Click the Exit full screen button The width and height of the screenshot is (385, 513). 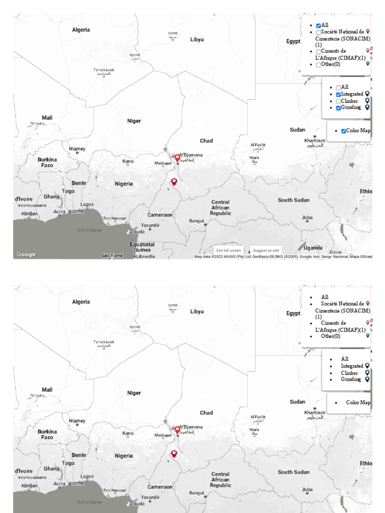point(229,250)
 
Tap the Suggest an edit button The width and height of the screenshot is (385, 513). point(266,250)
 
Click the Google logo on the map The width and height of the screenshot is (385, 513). point(26,254)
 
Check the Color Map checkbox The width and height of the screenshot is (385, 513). point(343,131)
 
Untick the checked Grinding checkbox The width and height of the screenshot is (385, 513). point(338,108)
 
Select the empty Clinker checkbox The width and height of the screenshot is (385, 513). point(338,101)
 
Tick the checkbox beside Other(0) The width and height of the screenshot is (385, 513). point(318,65)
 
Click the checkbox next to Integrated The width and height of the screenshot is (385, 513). point(338,95)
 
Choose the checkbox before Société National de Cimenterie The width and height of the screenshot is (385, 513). point(318,33)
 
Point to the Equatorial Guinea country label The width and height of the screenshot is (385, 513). point(142,247)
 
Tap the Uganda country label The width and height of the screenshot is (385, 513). point(313,248)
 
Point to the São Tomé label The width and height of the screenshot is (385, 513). point(112,255)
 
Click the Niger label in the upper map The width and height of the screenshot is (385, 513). point(134,121)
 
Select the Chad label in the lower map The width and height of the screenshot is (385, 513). point(206,413)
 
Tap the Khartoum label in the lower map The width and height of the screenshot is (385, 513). point(315,412)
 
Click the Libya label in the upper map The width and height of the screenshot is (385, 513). point(197,39)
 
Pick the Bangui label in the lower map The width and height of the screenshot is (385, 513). point(197,492)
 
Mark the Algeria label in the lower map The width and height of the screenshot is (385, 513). point(81,302)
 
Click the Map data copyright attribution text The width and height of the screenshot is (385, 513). point(283,256)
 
